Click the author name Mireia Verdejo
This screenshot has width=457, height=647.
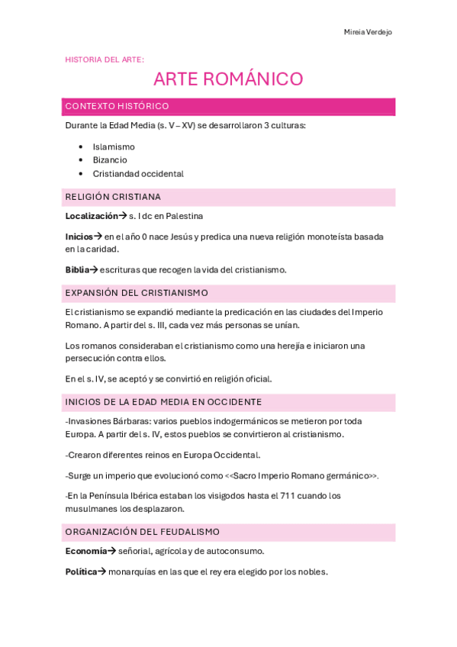click(x=368, y=32)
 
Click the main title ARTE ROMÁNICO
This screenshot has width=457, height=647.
click(x=228, y=79)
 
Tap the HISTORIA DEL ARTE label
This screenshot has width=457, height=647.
click(x=105, y=59)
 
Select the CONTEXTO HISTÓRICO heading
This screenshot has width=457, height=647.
click(x=117, y=106)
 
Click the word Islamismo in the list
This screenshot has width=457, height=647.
click(x=114, y=146)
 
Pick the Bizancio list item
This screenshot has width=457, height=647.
click(x=110, y=160)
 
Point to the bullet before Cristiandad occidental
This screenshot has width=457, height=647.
click(x=80, y=174)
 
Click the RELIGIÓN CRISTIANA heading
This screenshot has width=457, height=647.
click(x=113, y=197)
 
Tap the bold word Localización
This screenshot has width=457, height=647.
click(x=92, y=216)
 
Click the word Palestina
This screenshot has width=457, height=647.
click(x=184, y=216)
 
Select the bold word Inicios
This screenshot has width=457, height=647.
click(x=79, y=237)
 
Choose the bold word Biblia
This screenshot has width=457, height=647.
click(x=77, y=269)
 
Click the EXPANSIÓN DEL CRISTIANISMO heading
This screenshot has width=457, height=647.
click(x=137, y=293)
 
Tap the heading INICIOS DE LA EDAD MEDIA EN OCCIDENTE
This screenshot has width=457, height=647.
click(x=163, y=402)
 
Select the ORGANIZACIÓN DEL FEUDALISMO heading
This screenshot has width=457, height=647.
click(x=143, y=532)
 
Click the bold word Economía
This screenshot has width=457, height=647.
click(x=85, y=551)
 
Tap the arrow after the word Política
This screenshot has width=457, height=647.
click(x=103, y=571)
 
